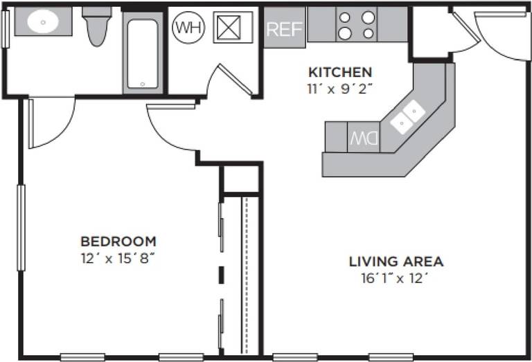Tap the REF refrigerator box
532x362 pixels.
(284, 29)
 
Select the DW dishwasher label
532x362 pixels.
(363, 137)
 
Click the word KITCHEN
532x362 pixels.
(340, 72)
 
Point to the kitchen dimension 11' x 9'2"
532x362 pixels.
(340, 89)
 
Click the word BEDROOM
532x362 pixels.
(118, 242)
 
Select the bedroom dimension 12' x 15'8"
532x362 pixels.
(118, 259)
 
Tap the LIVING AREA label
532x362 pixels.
(396, 262)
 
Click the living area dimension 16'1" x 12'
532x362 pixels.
(396, 279)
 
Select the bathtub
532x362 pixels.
(143, 53)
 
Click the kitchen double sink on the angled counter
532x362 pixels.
(407, 116)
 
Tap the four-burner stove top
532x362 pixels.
(357, 25)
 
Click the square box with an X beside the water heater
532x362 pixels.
(233, 27)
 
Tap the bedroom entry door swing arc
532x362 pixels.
(170, 132)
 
